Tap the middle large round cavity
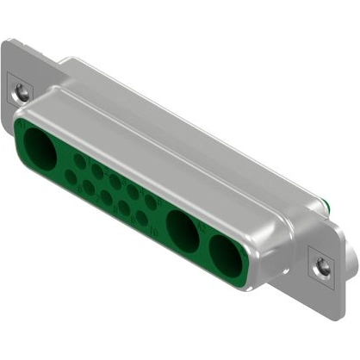click(x=182, y=229)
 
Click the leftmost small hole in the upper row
click(x=79, y=161)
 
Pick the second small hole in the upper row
click(x=97, y=171)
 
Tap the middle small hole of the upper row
click(x=115, y=182)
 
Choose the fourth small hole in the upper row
click(x=133, y=191)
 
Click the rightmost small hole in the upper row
click(x=151, y=202)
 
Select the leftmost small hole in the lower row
click(x=71, y=176)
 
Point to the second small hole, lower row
click(x=88, y=186)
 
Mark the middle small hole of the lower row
click(x=106, y=196)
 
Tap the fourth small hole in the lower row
click(x=124, y=207)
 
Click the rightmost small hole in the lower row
click(x=142, y=217)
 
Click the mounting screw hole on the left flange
click(x=22, y=89)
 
